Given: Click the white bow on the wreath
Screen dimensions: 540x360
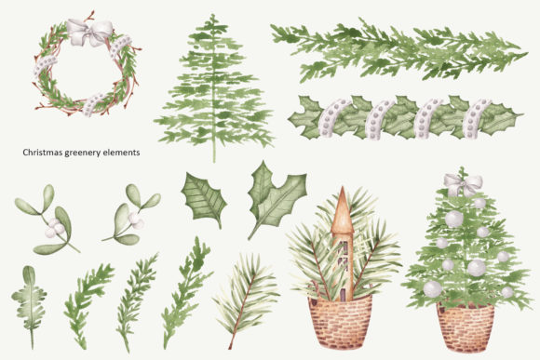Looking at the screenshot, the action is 90,33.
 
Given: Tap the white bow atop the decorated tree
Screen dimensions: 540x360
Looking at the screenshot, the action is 463,185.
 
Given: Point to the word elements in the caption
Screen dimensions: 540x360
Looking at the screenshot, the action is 120,153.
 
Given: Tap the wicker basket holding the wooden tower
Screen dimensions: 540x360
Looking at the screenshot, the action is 340,322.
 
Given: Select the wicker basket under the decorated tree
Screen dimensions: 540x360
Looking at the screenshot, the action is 466,327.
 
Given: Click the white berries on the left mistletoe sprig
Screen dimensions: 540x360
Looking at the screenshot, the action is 55,228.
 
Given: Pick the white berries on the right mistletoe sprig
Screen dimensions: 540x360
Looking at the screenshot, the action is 136,221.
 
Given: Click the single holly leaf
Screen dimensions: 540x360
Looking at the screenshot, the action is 204,199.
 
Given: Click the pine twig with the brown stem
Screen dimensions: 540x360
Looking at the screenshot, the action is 246,299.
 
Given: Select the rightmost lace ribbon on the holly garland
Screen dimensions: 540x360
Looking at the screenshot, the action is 475,118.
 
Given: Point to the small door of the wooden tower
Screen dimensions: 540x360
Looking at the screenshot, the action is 343,294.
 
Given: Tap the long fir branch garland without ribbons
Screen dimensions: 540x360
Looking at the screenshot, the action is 398,50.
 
